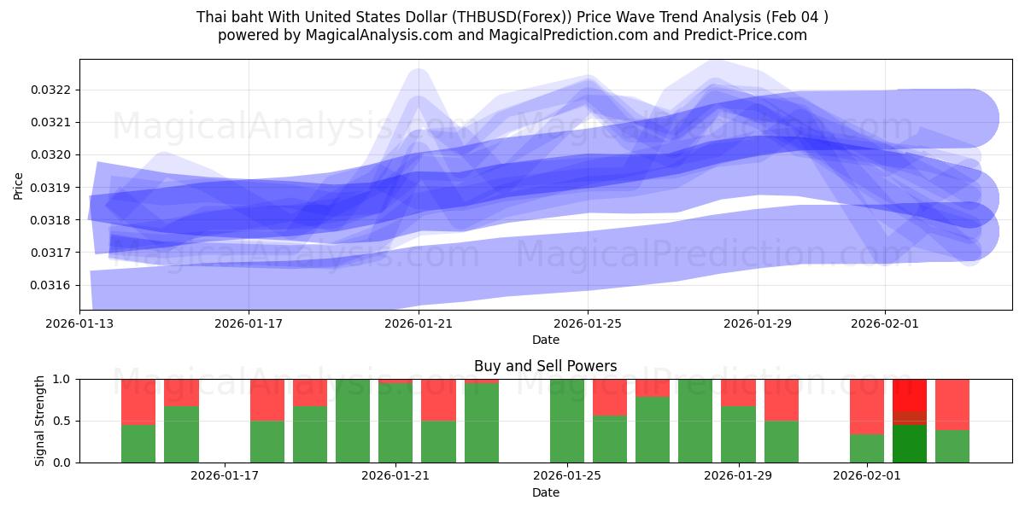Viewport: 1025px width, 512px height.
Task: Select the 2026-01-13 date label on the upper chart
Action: (x=79, y=323)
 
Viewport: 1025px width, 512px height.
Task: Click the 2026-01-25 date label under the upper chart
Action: (x=588, y=323)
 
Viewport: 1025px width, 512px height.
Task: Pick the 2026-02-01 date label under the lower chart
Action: (x=867, y=476)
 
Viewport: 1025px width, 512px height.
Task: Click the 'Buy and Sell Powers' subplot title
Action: (x=545, y=366)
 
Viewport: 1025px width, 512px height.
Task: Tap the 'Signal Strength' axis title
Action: (x=40, y=421)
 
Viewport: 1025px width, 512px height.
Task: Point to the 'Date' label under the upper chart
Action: (x=545, y=340)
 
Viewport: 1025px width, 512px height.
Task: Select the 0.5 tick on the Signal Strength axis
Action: (x=62, y=421)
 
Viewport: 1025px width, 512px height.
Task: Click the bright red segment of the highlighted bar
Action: (x=910, y=394)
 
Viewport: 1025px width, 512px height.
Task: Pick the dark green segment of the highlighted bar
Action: (x=910, y=444)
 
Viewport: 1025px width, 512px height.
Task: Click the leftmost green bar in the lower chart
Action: (x=138, y=443)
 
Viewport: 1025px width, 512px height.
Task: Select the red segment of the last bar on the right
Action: (x=952, y=404)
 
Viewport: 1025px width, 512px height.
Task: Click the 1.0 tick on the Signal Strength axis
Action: (x=62, y=379)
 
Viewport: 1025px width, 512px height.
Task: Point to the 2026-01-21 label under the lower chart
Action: (x=396, y=476)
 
